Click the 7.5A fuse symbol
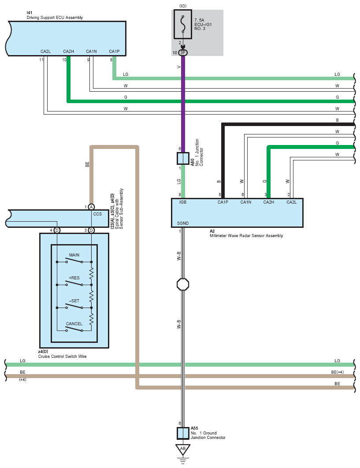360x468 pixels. [182, 25]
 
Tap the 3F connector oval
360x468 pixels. [182, 53]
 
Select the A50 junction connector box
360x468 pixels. [182, 159]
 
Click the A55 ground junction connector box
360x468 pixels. [182, 433]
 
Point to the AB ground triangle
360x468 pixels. [182, 449]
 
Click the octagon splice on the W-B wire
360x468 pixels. [182, 284]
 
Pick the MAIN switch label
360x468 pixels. [74, 255]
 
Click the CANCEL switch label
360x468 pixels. [74, 324]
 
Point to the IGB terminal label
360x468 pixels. [183, 203]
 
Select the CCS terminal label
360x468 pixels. [97, 214]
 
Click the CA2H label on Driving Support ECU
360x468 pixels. [68, 52]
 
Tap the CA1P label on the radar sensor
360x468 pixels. [223, 203]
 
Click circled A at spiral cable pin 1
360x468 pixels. [91, 207]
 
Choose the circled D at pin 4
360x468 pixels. [57, 230]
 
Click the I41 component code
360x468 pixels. [30, 13]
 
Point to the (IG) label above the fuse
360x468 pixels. [182, 6]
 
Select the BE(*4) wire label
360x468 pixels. [337, 372]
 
